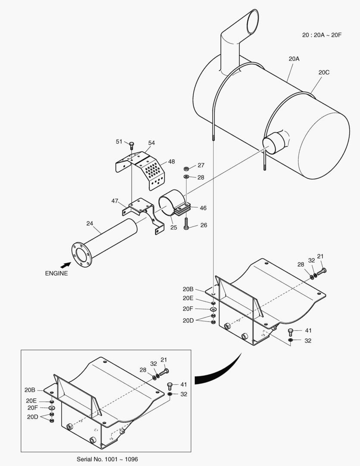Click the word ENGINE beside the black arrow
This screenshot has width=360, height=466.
tap(56, 273)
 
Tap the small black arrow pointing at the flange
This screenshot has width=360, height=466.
tap(65, 264)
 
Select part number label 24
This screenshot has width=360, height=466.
tap(90, 223)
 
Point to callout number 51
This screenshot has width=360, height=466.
tap(119, 142)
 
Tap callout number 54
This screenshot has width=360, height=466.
tap(151, 143)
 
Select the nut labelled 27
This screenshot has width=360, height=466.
tap(186, 168)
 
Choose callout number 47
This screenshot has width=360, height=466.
tap(115, 201)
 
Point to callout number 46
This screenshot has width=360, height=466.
tap(203, 208)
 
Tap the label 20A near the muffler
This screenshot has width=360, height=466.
tap(294, 58)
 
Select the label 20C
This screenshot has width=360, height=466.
tap(324, 72)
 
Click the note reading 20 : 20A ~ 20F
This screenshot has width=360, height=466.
tap(322, 35)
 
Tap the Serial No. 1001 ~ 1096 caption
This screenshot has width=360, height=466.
tap(107, 459)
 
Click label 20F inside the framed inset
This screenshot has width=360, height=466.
tap(33, 407)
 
